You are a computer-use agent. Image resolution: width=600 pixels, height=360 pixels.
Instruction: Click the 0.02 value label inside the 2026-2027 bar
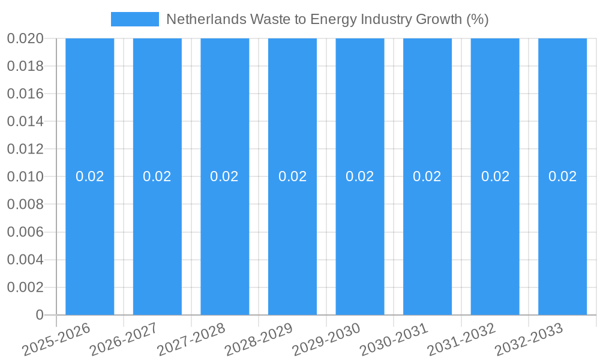coord(157,176)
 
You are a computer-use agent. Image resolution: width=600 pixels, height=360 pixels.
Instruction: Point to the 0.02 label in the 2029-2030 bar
coord(360,176)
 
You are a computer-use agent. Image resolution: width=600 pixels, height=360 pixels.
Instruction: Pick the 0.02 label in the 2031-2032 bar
coord(495,176)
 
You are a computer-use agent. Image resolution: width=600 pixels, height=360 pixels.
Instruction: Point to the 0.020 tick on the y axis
coord(25,38)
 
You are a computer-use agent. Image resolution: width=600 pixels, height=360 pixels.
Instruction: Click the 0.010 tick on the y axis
coord(25,176)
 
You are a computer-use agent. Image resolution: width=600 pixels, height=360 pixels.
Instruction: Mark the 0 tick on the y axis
coord(40,315)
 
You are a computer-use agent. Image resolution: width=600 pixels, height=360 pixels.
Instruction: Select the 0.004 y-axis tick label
coord(25,260)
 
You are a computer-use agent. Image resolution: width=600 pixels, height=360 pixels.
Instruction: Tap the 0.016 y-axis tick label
coord(25,94)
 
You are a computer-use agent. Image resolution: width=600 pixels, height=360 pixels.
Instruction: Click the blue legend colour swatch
coord(135,19)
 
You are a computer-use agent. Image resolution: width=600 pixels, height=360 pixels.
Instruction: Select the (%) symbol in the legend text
coord(478,19)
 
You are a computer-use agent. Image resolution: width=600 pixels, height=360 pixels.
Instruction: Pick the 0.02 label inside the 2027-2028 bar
coord(224,176)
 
